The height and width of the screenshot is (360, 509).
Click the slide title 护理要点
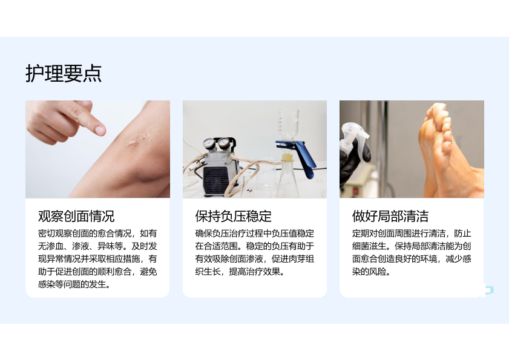coord(64,73)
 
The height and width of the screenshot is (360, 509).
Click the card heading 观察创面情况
coord(76,216)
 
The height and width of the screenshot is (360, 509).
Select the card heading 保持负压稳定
coord(234,216)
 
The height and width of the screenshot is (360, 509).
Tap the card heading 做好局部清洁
coord(390,216)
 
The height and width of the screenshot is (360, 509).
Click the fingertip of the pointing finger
coord(99,130)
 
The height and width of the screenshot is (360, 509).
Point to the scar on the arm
coord(137,140)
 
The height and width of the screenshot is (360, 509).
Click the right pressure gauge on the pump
coord(224,142)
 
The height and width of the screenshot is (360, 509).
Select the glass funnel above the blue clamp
coord(288,125)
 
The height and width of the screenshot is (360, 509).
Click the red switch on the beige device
coord(356,191)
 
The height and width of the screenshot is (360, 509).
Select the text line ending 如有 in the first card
coord(97,234)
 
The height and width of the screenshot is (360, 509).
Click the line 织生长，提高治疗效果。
coord(240,272)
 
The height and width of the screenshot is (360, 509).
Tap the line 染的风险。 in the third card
coord(372,272)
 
